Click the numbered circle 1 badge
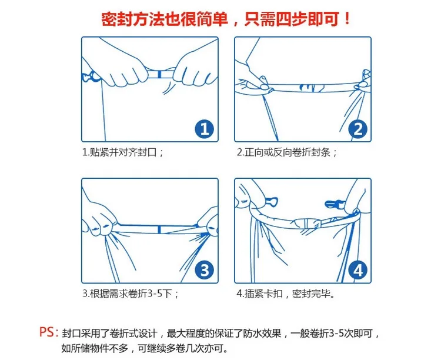point(205,129)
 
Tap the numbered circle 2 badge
point(358,129)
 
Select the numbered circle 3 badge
point(205,270)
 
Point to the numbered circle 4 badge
point(358,270)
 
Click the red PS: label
point(49,332)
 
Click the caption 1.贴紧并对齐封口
point(123,152)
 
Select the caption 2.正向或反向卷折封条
point(286,152)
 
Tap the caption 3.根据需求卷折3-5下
point(130,294)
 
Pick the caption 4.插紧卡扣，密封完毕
point(285,294)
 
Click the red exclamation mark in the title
point(347,19)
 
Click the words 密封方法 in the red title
point(133,19)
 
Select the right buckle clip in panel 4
point(334,204)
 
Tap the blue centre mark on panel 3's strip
point(159,229)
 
